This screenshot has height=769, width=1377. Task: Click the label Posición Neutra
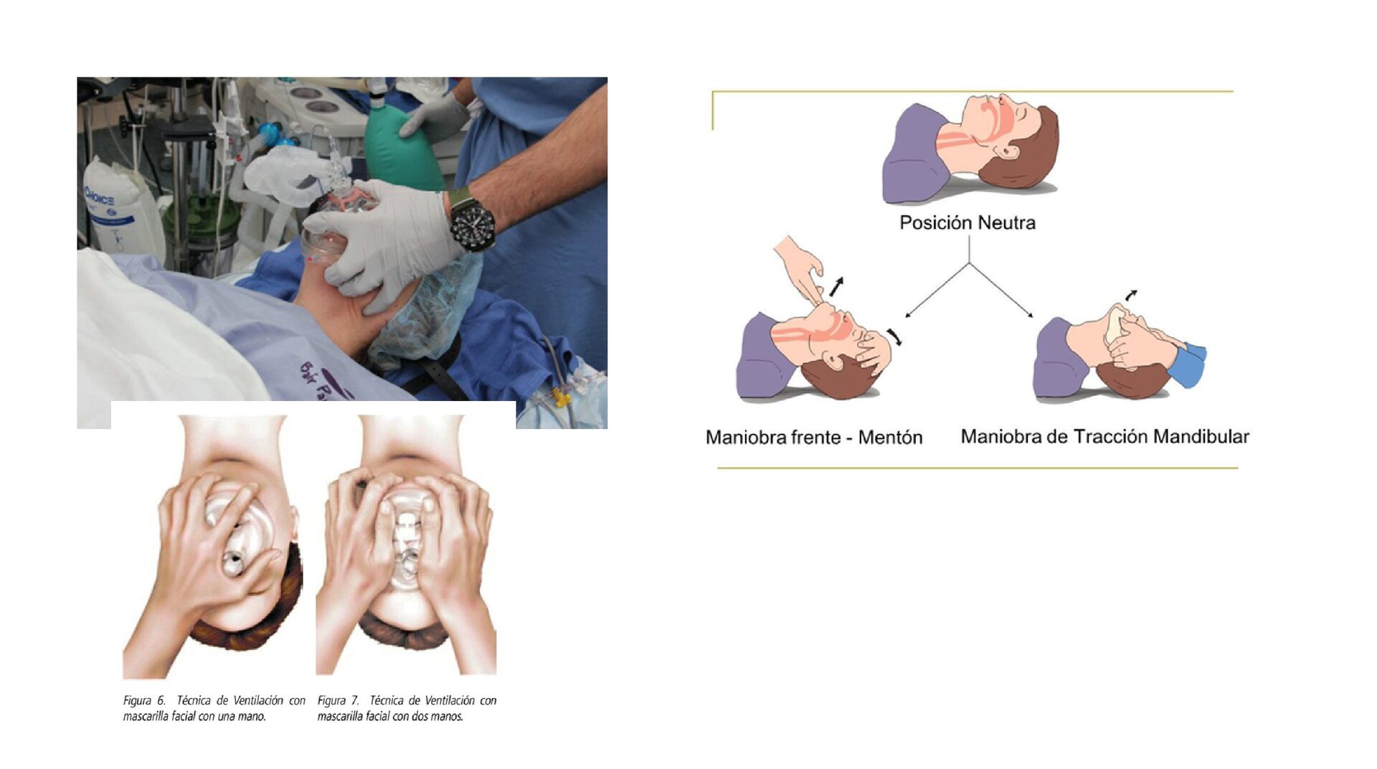[967, 222]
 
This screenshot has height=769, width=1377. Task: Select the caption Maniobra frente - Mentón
[814, 437]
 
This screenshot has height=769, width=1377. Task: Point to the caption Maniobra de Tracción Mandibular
[1104, 436]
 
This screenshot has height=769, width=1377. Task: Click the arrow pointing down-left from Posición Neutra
[937, 290]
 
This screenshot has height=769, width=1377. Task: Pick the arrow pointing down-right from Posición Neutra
[1001, 290]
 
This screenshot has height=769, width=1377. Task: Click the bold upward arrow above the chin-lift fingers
[836, 286]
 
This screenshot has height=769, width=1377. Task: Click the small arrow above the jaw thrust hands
[1131, 294]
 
